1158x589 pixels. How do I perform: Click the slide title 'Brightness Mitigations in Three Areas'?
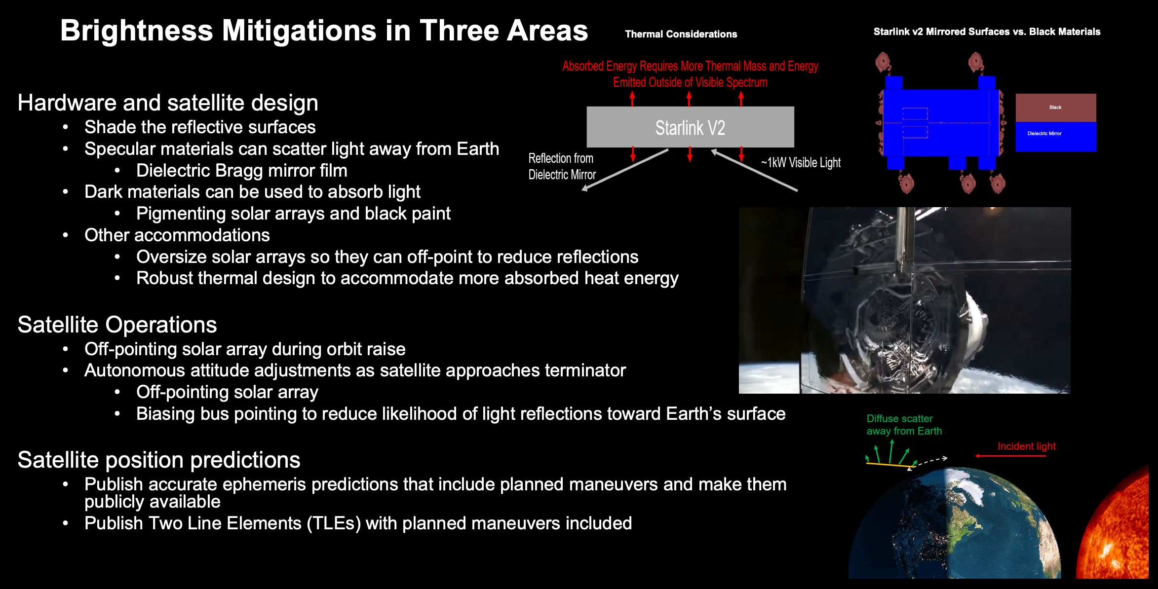pos(324,31)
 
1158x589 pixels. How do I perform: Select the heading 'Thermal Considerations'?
pos(681,34)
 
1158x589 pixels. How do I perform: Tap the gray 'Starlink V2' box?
pos(690,127)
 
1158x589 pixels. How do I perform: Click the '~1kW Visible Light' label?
pos(801,163)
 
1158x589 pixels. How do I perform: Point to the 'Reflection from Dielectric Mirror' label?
pos(562,166)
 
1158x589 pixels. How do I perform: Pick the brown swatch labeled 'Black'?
pos(1056,108)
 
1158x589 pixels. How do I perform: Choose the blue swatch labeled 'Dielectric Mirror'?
pos(1056,137)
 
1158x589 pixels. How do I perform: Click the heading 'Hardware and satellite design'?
pos(168,103)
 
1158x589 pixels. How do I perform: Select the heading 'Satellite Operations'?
pos(117,325)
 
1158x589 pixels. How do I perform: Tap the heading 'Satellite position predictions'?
pos(159,460)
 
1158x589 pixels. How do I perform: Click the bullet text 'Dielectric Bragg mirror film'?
pos(242,171)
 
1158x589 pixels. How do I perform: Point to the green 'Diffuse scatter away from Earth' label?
pos(904,425)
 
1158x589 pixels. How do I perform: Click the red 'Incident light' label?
pos(1026,446)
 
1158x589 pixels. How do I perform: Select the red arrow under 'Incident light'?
pos(1010,456)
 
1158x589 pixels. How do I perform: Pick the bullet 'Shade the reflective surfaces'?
pos(200,127)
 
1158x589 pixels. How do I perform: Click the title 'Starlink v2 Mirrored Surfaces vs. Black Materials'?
pos(987,32)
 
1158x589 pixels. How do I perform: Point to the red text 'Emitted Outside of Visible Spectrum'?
pos(690,82)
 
